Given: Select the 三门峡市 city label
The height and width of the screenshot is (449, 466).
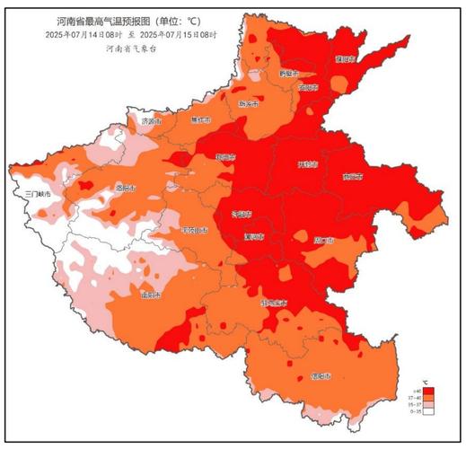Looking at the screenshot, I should coord(40,193).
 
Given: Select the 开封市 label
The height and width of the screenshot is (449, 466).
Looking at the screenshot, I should coord(308,165).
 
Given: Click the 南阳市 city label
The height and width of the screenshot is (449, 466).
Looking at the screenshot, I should coord(150,295).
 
